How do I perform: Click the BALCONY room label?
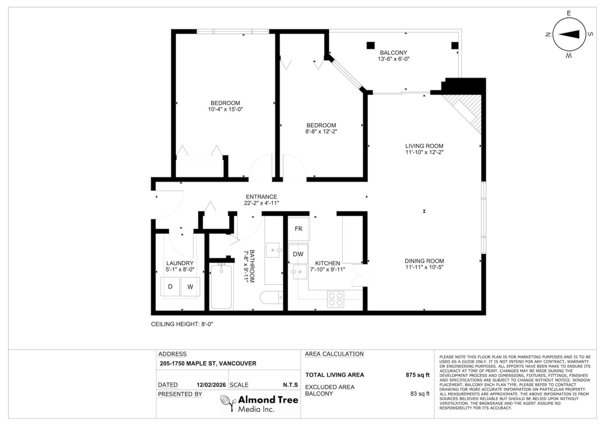394,53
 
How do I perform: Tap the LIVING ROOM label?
424,146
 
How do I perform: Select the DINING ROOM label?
424,261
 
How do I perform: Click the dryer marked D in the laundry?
170,286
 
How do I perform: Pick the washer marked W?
190,287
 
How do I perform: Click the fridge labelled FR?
298,229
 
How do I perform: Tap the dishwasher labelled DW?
298,254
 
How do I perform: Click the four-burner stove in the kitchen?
336,299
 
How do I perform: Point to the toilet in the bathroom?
271,298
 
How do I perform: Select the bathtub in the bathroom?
221,287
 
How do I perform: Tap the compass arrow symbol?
569,34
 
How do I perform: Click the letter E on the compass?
569,13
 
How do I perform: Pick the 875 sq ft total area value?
418,375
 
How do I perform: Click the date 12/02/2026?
211,385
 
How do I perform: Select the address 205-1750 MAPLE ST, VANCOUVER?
208,364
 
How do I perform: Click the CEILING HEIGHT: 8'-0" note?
182,324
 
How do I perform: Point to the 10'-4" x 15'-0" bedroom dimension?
225,109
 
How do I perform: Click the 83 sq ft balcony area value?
420,394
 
